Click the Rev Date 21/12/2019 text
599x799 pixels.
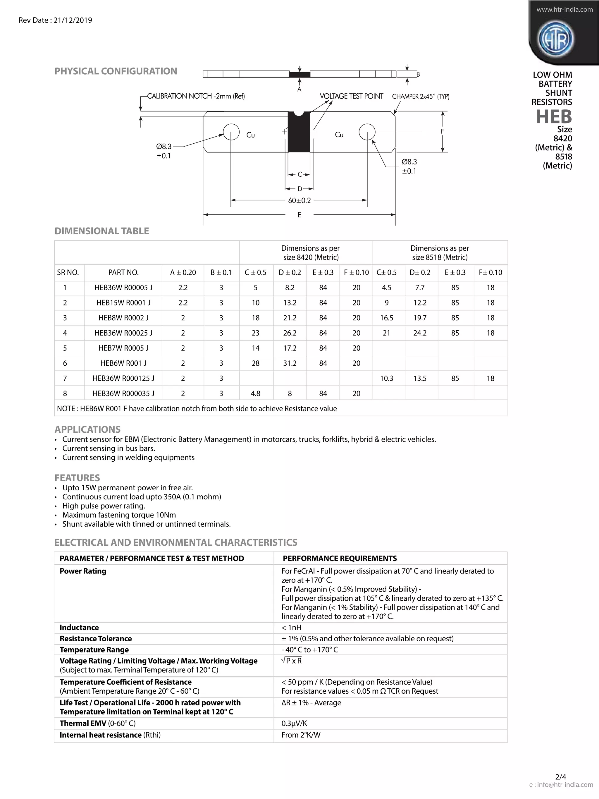(x=55, y=20)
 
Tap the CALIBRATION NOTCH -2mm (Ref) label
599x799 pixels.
(x=196, y=96)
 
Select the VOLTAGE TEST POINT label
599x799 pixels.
(x=351, y=96)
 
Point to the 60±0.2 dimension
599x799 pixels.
(x=299, y=200)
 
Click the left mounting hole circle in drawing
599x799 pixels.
(x=231, y=132)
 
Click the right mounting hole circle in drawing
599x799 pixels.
(x=367, y=132)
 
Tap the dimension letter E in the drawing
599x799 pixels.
(x=299, y=215)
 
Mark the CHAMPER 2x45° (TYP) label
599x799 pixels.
(x=421, y=97)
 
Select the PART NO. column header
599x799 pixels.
(x=123, y=272)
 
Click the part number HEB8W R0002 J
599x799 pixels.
(x=123, y=318)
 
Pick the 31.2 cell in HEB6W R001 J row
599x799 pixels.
(x=290, y=363)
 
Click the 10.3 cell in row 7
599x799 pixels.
(x=386, y=378)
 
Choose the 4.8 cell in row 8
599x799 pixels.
(x=255, y=394)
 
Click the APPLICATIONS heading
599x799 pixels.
(x=87, y=429)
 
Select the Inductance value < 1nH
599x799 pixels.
(x=291, y=628)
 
